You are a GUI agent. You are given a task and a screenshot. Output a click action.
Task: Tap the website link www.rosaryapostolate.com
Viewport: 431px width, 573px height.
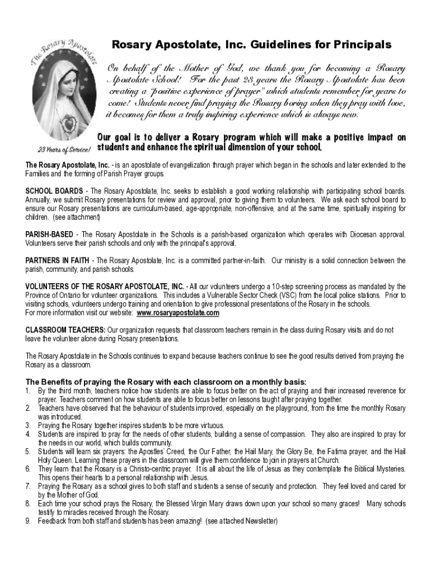(x=177, y=312)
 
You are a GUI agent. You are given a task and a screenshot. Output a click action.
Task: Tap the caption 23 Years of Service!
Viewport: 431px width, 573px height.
(x=64, y=149)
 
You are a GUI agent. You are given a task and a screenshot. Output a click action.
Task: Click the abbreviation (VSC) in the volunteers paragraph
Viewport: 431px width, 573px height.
(x=268, y=295)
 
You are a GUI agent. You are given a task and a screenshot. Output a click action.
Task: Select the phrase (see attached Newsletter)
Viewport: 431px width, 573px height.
(x=242, y=520)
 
